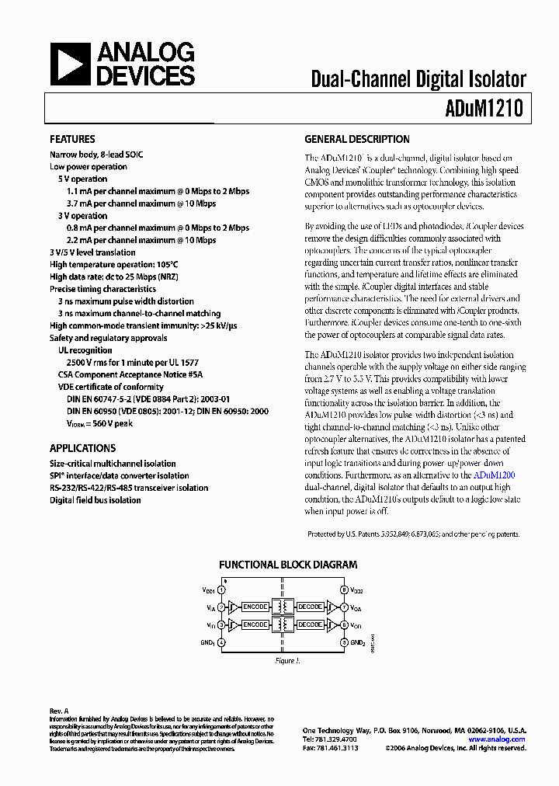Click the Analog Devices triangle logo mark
[70, 64]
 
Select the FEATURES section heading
[72, 140]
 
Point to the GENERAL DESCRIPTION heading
[356, 140]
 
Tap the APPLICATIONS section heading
[82, 448]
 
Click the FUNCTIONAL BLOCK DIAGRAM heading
[288, 565]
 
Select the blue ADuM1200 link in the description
[494, 475]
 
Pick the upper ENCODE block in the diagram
[255, 607]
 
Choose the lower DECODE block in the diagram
[311, 624]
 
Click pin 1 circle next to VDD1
[221, 591]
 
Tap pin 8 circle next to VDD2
[344, 591]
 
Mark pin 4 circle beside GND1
[221, 642]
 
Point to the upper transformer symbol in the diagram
[283, 607]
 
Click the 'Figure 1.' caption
[286, 661]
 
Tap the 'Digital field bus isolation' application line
[95, 500]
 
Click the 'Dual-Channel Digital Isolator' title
[418, 78]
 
